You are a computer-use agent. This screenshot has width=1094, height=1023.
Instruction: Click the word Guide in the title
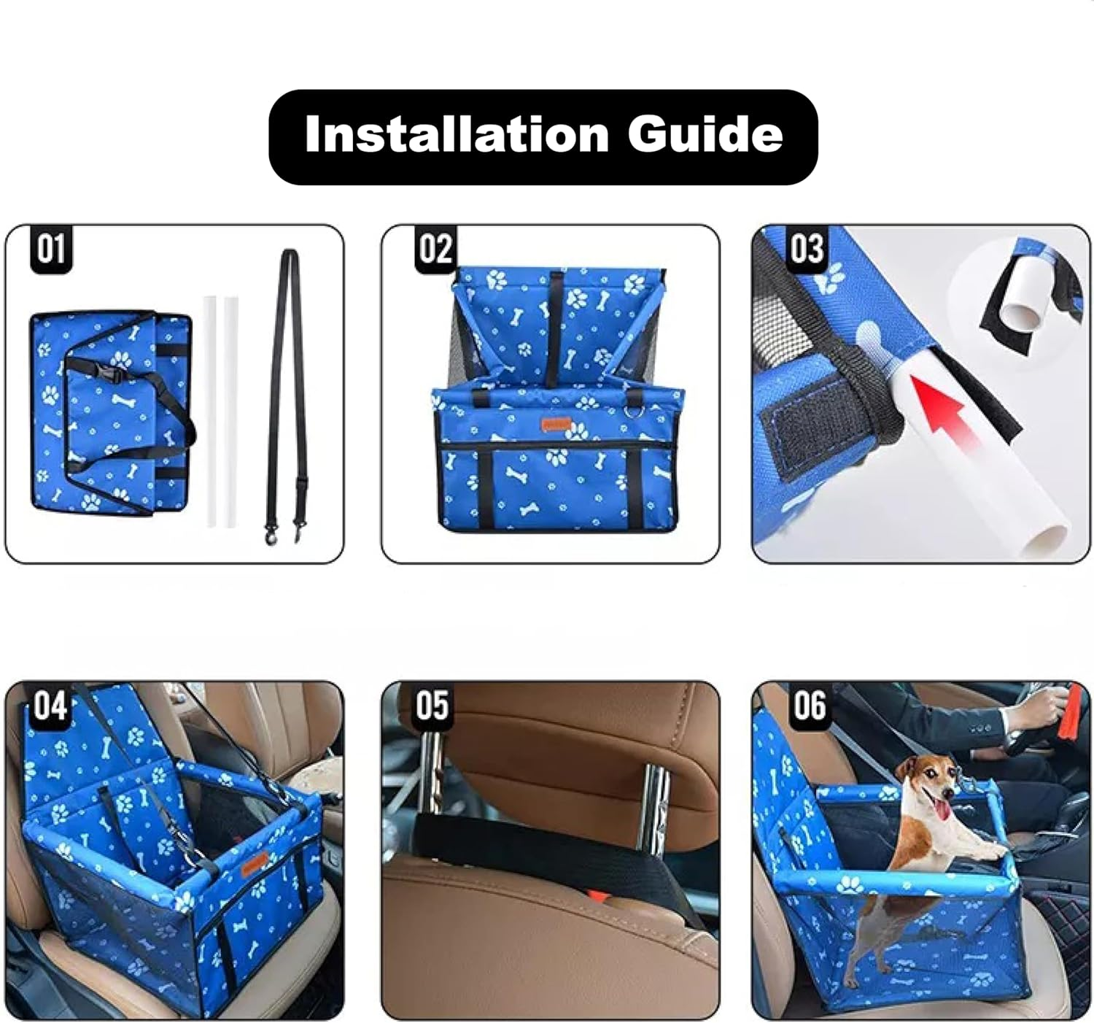pos(705,134)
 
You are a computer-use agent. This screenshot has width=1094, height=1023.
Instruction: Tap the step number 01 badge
pos(51,249)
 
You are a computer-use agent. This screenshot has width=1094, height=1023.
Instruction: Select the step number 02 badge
pos(435,249)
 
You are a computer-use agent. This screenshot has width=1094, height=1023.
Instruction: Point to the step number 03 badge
pos(806,249)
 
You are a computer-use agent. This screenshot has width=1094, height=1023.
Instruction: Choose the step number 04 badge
pos(50,706)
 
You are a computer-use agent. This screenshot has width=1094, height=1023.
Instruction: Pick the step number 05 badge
pos(432,706)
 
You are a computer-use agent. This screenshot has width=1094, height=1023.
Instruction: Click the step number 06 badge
pos(810,706)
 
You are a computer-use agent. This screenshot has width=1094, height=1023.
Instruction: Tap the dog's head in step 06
pos(928,783)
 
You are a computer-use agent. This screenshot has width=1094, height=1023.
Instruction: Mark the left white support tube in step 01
pos(212,409)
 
